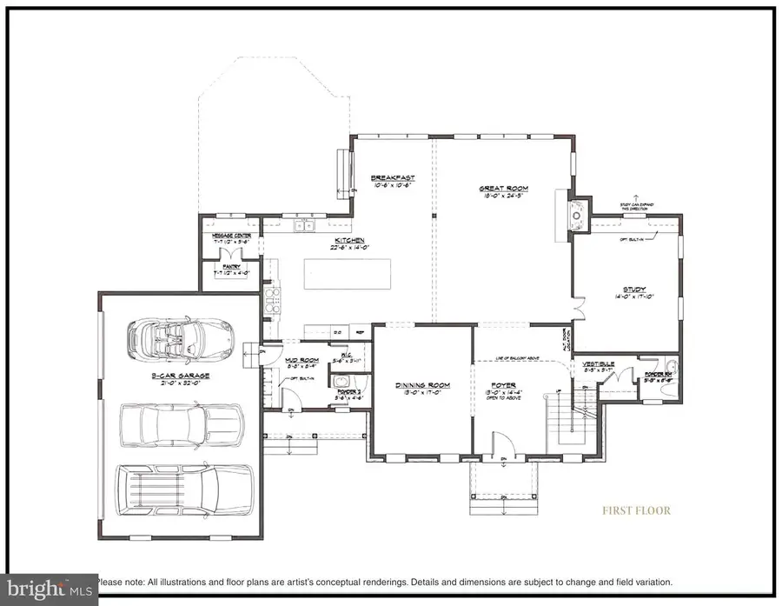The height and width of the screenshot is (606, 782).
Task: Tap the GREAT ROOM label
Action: [x=503, y=188]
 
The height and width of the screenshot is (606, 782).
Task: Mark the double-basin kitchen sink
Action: [x=303, y=228]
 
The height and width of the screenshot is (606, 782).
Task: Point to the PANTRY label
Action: [x=231, y=268]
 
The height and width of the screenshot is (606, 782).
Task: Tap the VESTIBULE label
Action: [x=600, y=363]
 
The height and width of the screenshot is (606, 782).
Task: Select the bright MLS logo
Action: [x=48, y=587]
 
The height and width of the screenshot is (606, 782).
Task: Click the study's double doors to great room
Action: [x=577, y=309]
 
